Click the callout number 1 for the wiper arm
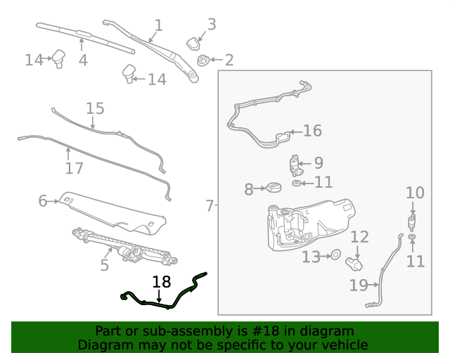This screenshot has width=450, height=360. (158, 26)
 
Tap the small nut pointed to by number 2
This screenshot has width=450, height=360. (203, 60)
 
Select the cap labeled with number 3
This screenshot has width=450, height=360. (193, 44)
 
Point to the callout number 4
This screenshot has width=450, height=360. (83, 60)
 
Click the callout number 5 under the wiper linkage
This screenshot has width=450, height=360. (104, 265)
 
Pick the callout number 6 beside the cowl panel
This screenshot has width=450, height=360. (42, 202)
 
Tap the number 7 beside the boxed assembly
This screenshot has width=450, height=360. (210, 206)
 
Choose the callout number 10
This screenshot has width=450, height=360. (415, 193)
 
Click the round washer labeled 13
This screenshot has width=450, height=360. (335, 255)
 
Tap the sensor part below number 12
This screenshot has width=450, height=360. (354, 264)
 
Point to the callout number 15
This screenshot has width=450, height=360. (95, 108)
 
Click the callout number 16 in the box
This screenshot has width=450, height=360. (312, 131)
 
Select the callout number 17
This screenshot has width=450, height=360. (74, 169)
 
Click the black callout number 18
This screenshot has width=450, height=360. (162, 283)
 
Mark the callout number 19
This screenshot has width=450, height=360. (358, 285)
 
